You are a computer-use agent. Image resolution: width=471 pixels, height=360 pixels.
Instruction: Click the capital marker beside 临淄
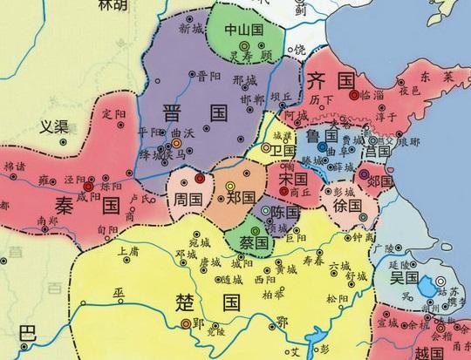coord(354,93)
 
